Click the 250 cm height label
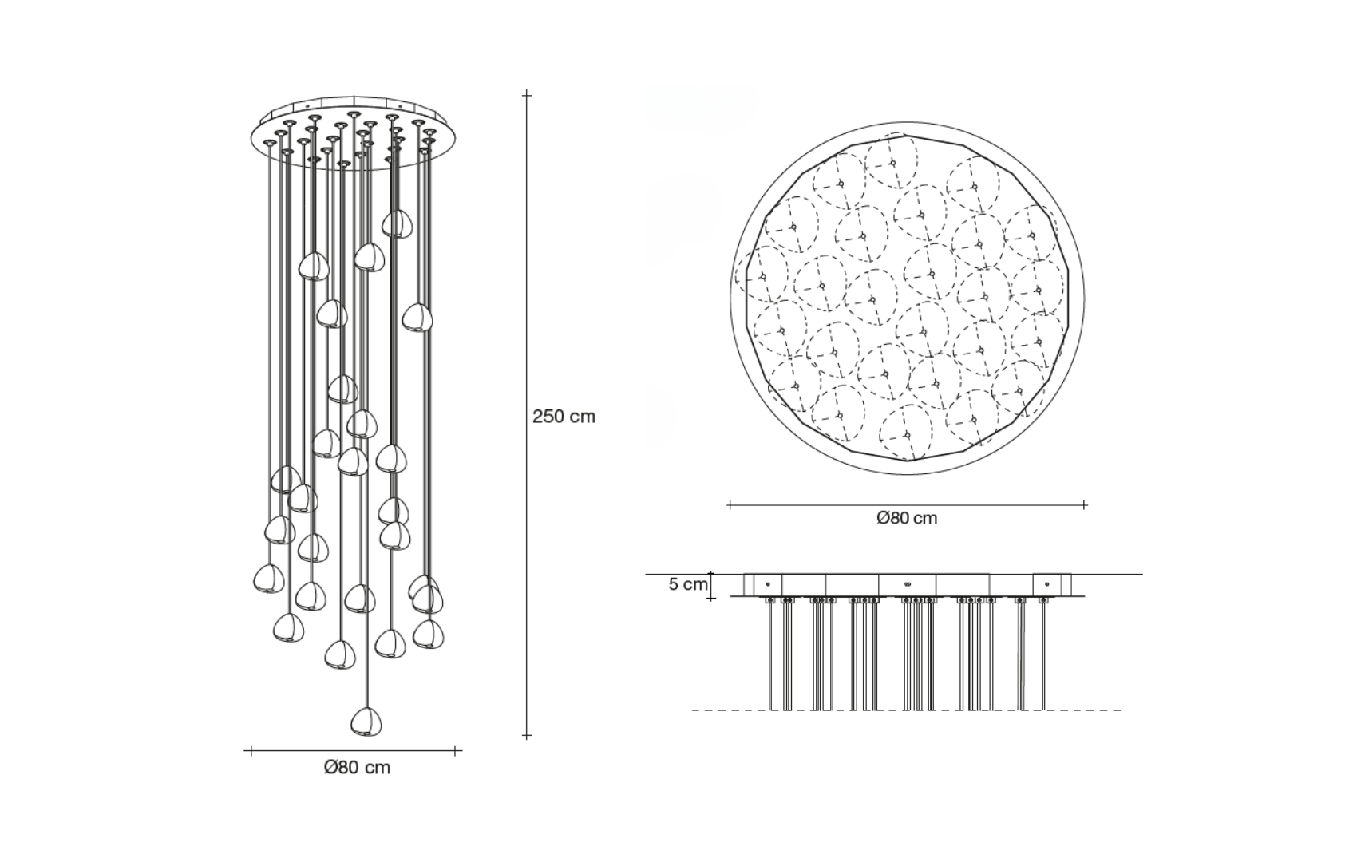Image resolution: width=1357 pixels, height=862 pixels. coord(564,417)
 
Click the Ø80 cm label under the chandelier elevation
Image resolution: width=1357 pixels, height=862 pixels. coord(357,768)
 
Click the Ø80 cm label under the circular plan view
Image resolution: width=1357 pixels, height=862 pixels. coord(907,518)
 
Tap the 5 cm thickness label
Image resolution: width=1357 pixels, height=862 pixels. coord(687,584)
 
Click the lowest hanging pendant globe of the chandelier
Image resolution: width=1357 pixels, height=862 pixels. coord(366,722)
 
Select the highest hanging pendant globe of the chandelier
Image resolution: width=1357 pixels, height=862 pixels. coord(397,223)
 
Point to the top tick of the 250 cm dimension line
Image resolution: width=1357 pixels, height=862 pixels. coord(527,94)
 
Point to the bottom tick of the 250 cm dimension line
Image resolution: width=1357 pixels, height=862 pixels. coord(527,736)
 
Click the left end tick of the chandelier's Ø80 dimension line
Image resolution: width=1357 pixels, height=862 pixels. coord(251,751)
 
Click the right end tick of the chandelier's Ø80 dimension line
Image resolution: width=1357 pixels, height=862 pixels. coord(456,751)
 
